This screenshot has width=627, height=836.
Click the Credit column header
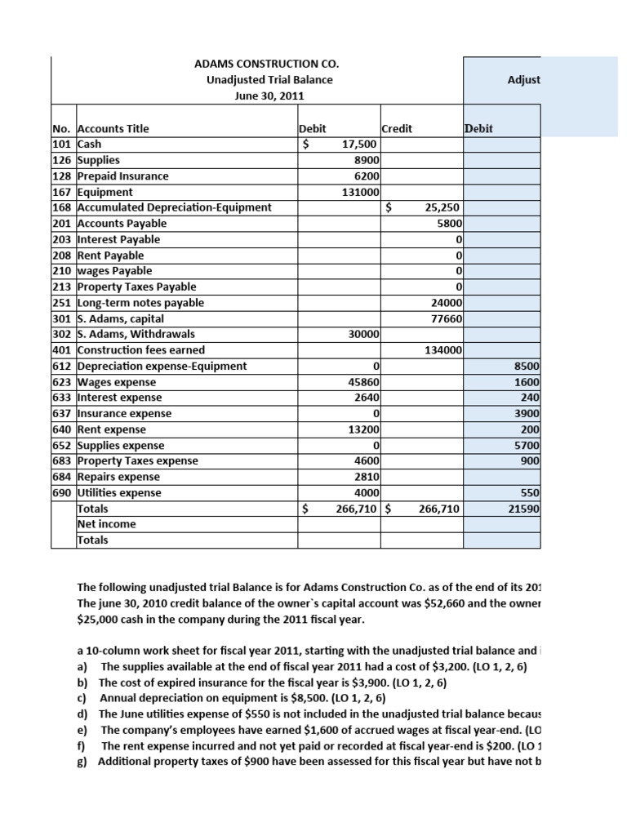(x=397, y=128)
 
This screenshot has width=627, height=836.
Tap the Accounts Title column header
(x=113, y=128)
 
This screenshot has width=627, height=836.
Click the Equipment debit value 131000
(x=358, y=192)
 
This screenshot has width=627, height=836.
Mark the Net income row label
(x=106, y=524)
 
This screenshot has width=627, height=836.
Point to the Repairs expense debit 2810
(x=362, y=477)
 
